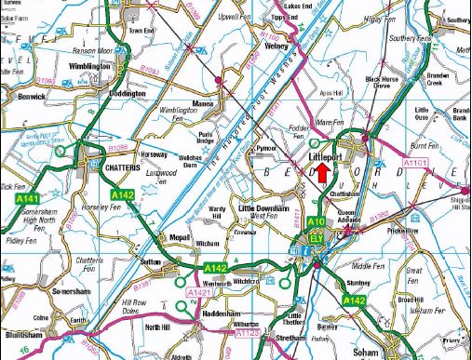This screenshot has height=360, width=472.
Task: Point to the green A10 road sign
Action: tap(317, 221)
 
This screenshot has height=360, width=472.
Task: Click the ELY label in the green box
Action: tap(317, 237)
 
